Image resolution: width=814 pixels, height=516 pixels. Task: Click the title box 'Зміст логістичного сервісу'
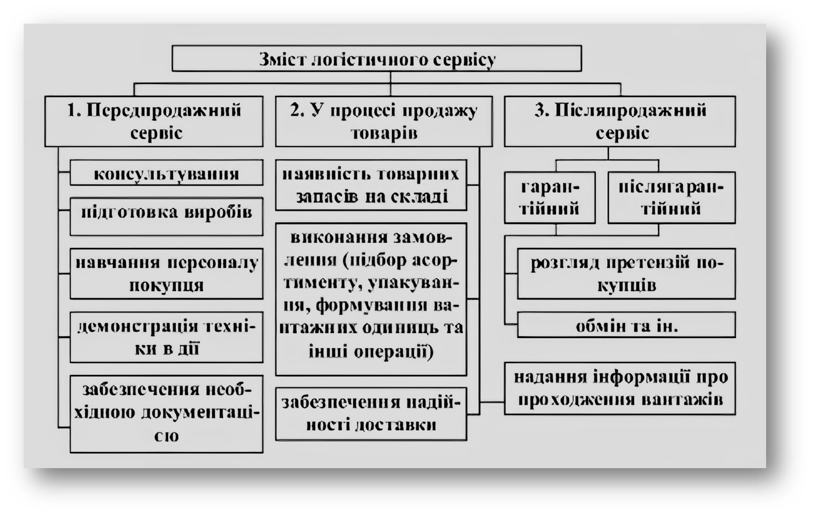pos(377,58)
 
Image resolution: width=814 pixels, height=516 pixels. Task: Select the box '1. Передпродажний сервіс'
pos(154,121)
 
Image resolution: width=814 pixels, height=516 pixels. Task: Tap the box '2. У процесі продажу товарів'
pos(384,121)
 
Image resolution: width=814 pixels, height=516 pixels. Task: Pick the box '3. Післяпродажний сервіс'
pos(619,121)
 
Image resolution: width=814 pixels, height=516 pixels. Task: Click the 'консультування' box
pos(166,173)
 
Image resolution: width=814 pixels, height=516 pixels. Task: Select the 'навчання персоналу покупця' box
pos(166,274)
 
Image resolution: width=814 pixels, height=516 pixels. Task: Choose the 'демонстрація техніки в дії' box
pos(166,337)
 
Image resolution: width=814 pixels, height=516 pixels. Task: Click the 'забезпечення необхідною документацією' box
pos(166,413)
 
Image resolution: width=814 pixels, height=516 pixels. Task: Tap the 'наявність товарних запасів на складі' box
pos(371,185)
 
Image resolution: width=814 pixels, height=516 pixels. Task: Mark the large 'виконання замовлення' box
pos(371,299)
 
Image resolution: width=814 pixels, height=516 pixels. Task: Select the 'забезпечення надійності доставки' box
pos(371,414)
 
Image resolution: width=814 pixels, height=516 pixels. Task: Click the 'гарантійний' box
pos(550,198)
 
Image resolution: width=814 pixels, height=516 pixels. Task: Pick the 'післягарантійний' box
pos(671,198)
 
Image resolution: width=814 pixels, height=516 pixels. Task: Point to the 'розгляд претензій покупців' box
pos(626,274)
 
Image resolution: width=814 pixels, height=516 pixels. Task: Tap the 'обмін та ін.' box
pos(626,326)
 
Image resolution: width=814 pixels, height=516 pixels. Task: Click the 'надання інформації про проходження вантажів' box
pos(619,388)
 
